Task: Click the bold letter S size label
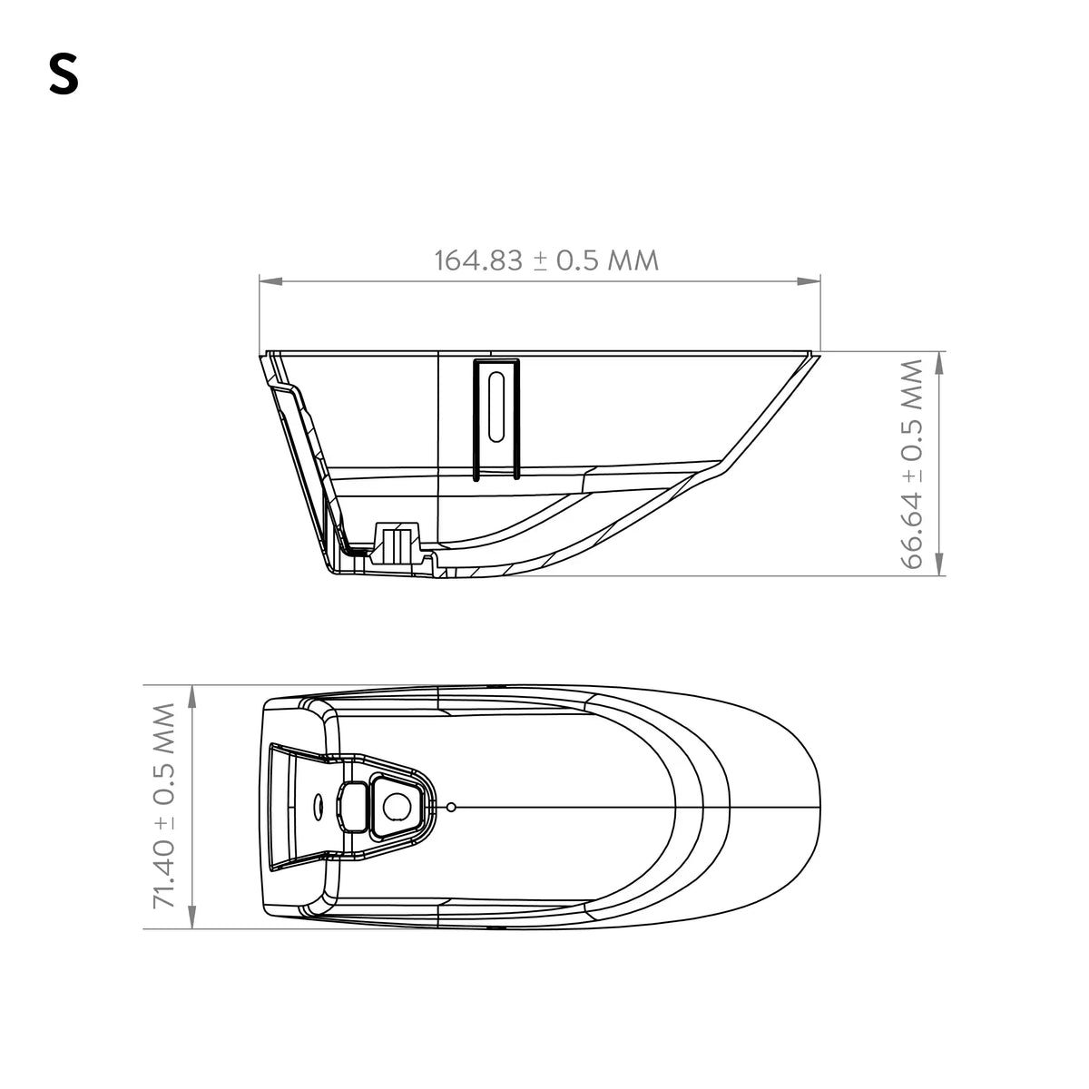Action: (64, 74)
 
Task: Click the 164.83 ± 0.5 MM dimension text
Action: (546, 260)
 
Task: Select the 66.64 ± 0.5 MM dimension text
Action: (911, 464)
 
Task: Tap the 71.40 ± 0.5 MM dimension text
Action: (164, 807)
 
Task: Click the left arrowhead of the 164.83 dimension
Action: (270, 280)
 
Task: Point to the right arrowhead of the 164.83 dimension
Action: (809, 280)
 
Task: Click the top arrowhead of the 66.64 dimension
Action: (939, 363)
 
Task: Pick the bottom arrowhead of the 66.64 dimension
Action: (939, 564)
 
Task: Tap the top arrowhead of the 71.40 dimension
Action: (192, 696)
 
